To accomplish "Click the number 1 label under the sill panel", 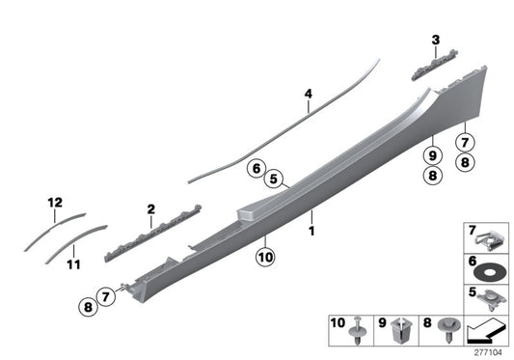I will click(x=311, y=232).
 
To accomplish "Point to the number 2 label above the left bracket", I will click(x=151, y=208).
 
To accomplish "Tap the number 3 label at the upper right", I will click(x=435, y=40).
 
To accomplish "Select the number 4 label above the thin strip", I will click(x=309, y=94).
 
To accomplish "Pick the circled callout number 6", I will click(x=257, y=168).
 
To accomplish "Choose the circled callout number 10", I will click(x=265, y=257).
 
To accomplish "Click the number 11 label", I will click(x=74, y=263).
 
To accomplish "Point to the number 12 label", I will click(x=55, y=203).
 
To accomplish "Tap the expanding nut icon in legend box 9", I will click(x=404, y=329).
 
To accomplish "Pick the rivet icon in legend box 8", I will click(x=447, y=329).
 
